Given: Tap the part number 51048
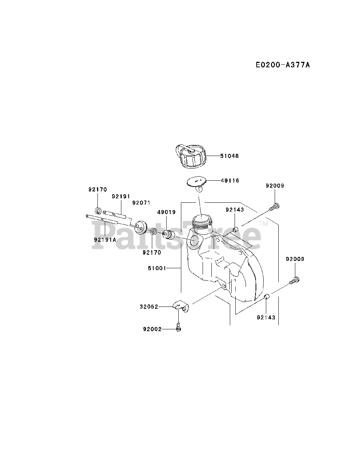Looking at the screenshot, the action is click(229, 156).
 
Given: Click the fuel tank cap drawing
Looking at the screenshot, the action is click(190, 156).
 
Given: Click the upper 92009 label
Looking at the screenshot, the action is click(275, 186).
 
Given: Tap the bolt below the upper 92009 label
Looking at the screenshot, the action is click(274, 207).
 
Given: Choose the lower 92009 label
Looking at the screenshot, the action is click(295, 259).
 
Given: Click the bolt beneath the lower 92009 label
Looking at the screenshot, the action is click(294, 280).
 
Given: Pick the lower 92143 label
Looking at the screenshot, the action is click(266, 317).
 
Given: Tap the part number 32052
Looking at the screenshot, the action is click(149, 306).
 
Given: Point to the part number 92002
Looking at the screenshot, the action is click(152, 329).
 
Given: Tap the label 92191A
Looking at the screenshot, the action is click(105, 240).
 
